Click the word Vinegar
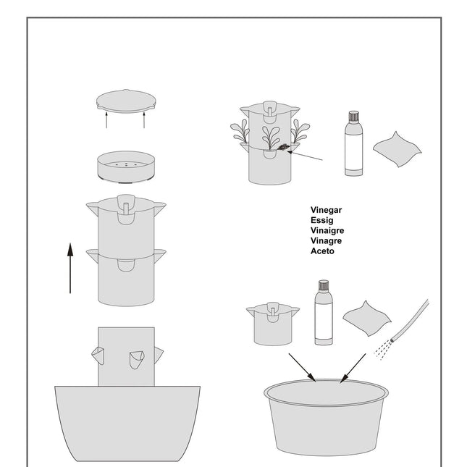click(x=326, y=210)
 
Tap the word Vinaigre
click(x=327, y=230)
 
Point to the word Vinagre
click(x=326, y=240)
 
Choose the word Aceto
click(x=322, y=251)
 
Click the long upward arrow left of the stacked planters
click(x=70, y=268)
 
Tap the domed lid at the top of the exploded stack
click(x=126, y=98)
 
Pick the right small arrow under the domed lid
click(x=144, y=119)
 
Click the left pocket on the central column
click(x=98, y=355)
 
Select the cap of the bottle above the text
click(x=353, y=116)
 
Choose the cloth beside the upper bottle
click(x=397, y=146)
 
